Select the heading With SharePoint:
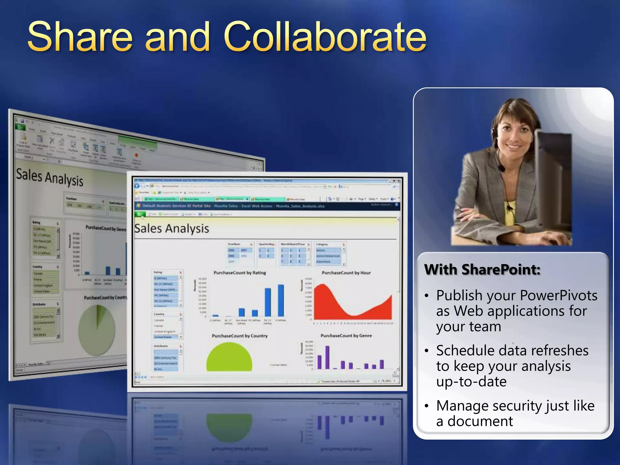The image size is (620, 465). click(482, 269)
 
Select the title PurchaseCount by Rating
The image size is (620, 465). click(240, 273)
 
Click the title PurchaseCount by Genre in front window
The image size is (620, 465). click(346, 336)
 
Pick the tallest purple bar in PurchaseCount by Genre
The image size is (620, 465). click(327, 357)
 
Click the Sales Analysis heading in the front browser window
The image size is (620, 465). click(172, 229)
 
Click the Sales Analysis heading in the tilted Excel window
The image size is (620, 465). click(50, 178)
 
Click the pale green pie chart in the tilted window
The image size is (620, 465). click(97, 330)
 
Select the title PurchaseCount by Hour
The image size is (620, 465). click(346, 273)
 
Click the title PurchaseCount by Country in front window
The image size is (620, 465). click(240, 336)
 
